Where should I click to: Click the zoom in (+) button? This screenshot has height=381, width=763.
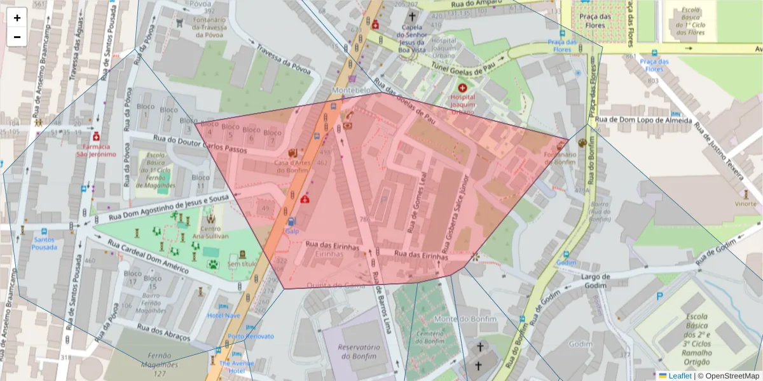point(17,18)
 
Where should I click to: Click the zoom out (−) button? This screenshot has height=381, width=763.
point(17,37)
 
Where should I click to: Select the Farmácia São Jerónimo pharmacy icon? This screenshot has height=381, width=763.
point(96,137)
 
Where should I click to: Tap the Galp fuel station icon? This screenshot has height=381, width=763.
point(291,222)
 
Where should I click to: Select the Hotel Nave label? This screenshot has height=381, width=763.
point(224,315)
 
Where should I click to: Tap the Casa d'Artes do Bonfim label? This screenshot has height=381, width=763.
point(292,167)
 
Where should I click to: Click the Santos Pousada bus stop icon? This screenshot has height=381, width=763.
point(44,232)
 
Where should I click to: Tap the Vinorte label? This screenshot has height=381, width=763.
point(746,204)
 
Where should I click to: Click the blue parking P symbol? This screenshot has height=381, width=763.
point(659,295)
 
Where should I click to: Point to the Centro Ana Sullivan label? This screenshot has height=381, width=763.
point(210,232)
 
